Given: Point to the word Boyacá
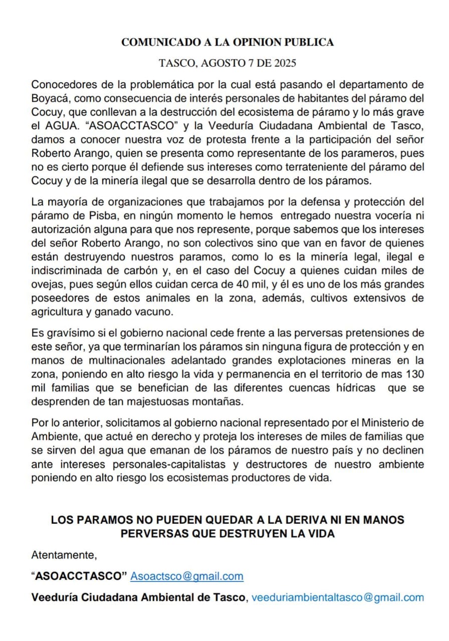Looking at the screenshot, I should pyautogui.click(x=49, y=97).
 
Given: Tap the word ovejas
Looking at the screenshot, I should pyautogui.click(x=47, y=285).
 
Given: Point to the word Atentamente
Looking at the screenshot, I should pyautogui.click(x=64, y=555).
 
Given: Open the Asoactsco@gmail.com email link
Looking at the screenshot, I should pyautogui.click(x=187, y=576).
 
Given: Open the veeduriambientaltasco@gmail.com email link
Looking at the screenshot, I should pyautogui.click(x=337, y=597).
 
